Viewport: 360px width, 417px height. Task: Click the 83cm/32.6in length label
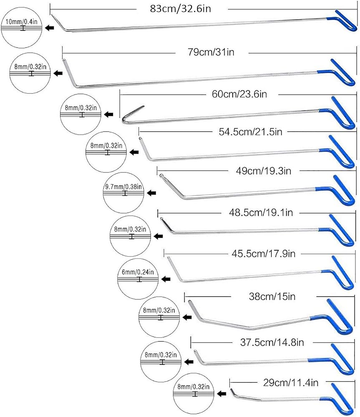coord(180,9)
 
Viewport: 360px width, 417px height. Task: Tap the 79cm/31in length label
coord(211,52)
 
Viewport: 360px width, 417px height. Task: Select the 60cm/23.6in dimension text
coord(239,94)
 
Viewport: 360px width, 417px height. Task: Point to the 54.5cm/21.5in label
coord(250,132)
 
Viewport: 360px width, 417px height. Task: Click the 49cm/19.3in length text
coord(263,171)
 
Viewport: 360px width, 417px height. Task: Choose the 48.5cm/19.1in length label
coord(261,213)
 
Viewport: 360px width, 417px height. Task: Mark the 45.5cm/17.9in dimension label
coord(263,254)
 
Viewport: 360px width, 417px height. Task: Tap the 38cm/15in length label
coord(272,296)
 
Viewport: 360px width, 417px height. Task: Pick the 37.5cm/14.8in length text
coord(272,342)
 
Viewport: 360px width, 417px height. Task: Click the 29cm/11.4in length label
coord(291,383)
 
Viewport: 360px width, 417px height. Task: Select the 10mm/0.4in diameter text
coord(21,22)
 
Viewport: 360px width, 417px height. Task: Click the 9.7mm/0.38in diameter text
coord(123,187)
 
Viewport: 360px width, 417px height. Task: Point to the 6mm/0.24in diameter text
coord(138,272)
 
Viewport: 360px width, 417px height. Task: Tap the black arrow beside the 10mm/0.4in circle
coord(50,28)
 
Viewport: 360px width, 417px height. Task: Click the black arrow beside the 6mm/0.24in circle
coord(166,279)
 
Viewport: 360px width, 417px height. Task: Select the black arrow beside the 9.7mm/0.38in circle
coord(152,193)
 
